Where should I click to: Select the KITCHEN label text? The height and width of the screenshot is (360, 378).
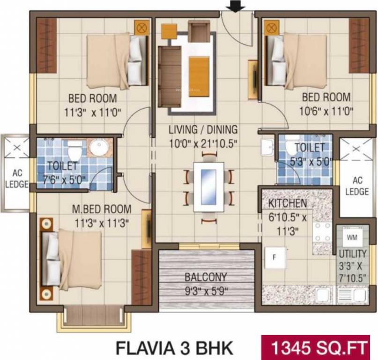point(288,203)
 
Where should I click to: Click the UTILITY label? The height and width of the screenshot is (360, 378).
point(353,254)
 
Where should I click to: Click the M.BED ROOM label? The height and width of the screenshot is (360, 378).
point(102,209)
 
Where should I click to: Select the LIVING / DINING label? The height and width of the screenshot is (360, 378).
point(203,130)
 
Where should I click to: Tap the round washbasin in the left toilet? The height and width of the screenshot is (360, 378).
point(99,149)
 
